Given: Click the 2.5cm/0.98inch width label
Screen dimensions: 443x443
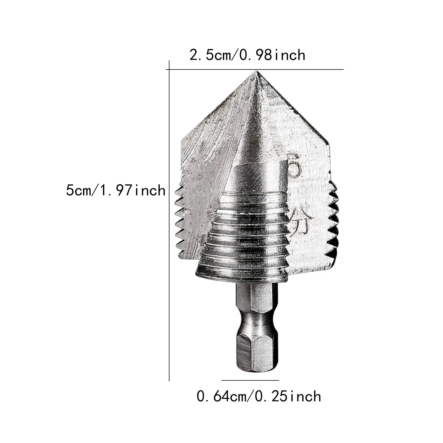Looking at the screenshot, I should (247, 55).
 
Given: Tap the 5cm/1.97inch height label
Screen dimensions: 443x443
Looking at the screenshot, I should (115, 191).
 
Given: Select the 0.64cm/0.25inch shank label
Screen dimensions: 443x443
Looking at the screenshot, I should (259, 396).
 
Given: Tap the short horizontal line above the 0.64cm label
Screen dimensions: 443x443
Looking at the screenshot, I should (250, 380).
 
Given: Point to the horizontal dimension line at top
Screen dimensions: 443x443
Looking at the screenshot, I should (255, 69).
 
